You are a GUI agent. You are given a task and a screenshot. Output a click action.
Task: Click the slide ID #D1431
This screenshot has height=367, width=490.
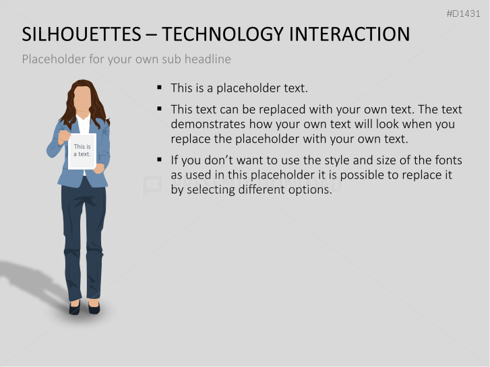[463, 13]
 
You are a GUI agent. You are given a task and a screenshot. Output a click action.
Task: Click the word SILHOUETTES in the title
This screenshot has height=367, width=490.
[82, 34]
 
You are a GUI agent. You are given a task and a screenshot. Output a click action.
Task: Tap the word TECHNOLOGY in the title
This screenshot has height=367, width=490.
[224, 34]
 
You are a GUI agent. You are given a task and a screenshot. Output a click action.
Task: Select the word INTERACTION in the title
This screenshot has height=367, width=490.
[349, 34]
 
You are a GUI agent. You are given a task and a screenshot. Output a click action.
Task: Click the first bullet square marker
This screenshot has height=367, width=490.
[159, 88]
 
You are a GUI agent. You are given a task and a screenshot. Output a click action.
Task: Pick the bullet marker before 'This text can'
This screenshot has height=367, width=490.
[159, 108]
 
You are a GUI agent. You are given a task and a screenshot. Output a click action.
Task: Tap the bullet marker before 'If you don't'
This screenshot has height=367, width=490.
[159, 160]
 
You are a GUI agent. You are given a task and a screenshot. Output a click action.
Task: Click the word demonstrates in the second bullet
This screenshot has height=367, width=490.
[208, 124]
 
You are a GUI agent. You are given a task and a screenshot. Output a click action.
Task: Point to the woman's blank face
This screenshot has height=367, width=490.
[82, 98]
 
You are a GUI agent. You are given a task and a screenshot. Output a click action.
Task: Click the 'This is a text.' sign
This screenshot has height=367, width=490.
[82, 151]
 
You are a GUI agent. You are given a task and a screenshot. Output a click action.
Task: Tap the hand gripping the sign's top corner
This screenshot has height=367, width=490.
[65, 136]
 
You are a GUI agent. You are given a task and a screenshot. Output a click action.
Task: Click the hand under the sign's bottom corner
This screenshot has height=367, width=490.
[99, 168]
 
